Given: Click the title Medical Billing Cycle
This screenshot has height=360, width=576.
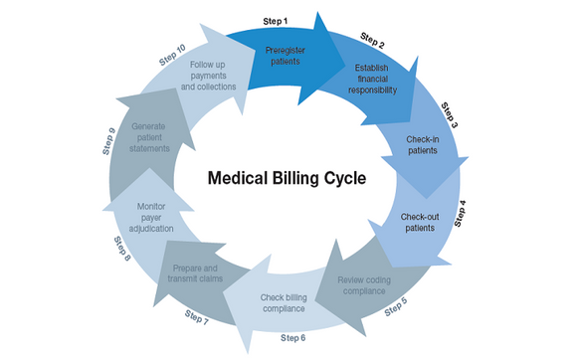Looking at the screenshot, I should (x=287, y=180).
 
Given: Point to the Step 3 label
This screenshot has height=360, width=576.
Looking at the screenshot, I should (x=450, y=113).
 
